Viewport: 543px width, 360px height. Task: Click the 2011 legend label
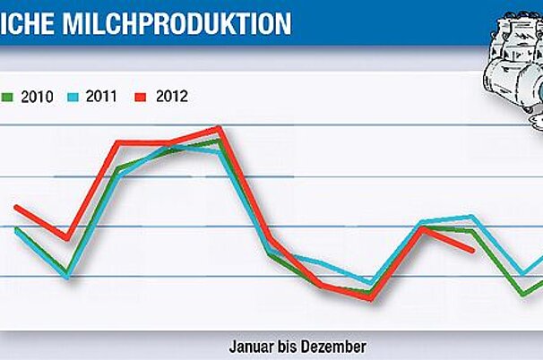(x=100, y=96)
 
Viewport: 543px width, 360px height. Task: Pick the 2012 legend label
(x=170, y=96)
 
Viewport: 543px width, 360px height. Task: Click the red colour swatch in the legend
(x=142, y=96)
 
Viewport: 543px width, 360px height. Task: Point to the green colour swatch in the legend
(x=5, y=96)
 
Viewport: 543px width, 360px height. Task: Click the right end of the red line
(x=473, y=252)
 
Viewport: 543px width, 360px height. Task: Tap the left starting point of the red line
(x=16, y=207)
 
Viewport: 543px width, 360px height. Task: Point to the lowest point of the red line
(x=370, y=298)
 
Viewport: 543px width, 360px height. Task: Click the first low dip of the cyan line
(x=67, y=278)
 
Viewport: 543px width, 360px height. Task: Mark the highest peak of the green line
(x=219, y=141)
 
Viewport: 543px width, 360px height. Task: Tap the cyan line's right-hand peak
(x=471, y=217)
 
